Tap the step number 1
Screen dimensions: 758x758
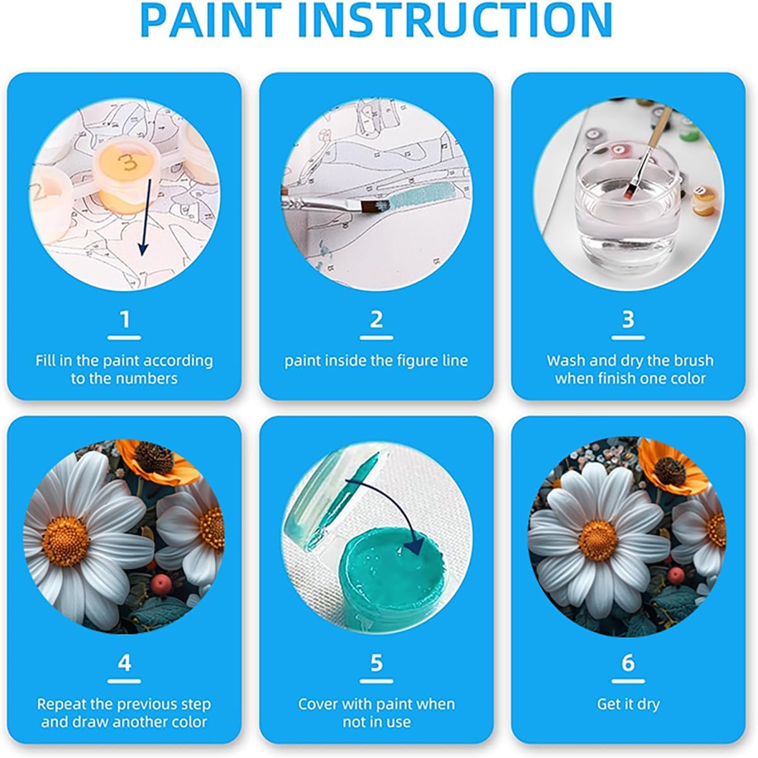click(124, 319)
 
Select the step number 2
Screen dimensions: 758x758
click(376, 319)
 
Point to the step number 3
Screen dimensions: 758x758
click(628, 319)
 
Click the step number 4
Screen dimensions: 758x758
click(124, 663)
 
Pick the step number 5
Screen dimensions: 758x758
click(376, 663)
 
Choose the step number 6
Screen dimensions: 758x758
click(628, 663)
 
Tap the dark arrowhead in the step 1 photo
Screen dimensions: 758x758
click(143, 248)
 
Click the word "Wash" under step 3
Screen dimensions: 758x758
click(565, 361)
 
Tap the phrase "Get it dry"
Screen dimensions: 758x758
click(628, 704)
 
